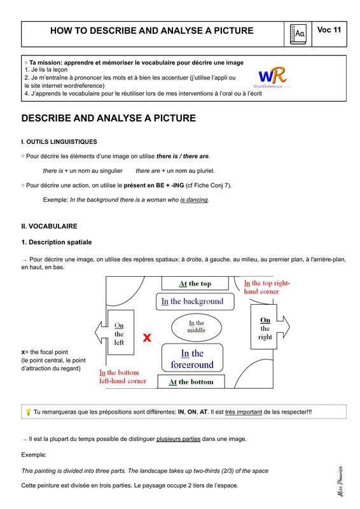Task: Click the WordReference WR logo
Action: (x=272, y=77)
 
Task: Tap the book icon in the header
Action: (x=298, y=34)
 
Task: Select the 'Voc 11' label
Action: (x=329, y=30)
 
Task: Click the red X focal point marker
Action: (x=147, y=338)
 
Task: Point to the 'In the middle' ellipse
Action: (x=197, y=327)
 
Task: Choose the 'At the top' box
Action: (x=195, y=283)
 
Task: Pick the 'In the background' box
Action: (x=195, y=302)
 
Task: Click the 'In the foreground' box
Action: (x=192, y=358)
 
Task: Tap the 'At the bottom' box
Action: (x=191, y=382)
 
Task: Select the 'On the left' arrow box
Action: (x=114, y=332)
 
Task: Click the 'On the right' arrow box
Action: (x=270, y=327)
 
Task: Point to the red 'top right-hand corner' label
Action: (x=267, y=288)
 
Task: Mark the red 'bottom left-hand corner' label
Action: (x=123, y=377)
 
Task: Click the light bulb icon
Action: (x=28, y=412)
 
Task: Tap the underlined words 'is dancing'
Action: (x=194, y=200)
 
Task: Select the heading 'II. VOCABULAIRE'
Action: (x=50, y=227)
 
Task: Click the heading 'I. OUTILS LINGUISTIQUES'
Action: (x=59, y=142)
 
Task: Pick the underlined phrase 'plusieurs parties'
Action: (x=178, y=439)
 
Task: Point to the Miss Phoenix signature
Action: (x=340, y=482)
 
